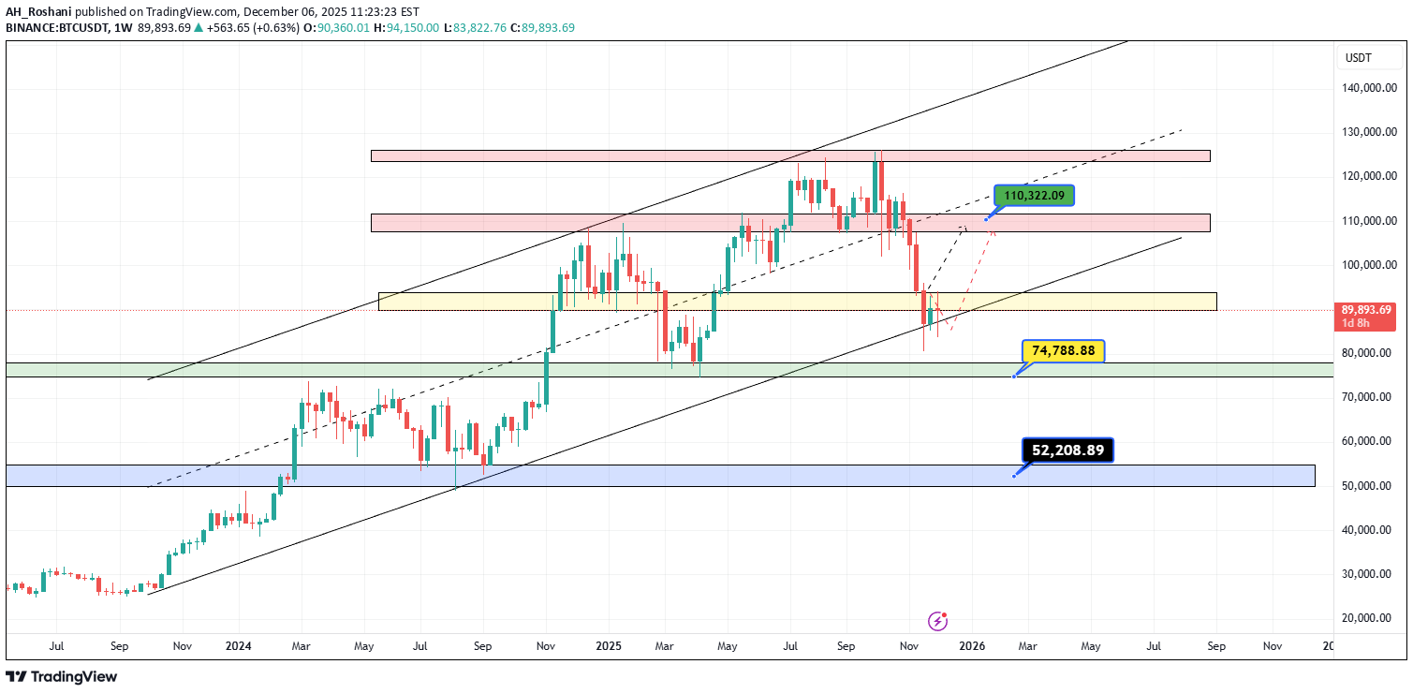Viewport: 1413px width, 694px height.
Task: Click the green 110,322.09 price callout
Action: (x=1034, y=196)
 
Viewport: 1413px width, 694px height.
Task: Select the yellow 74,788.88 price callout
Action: (x=1063, y=351)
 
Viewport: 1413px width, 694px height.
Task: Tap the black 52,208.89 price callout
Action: (x=1067, y=450)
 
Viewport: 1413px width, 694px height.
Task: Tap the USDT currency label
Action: (x=1358, y=58)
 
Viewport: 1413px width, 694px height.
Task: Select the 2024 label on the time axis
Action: (x=239, y=646)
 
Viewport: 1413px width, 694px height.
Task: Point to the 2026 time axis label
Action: (x=972, y=646)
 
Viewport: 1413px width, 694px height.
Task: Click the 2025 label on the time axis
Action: (x=609, y=646)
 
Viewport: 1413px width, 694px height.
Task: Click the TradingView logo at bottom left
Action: (x=62, y=676)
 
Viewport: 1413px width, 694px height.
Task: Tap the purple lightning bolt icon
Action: (x=937, y=621)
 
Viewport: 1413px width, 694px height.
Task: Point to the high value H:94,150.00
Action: (x=405, y=28)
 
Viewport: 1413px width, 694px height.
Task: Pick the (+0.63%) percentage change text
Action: (x=278, y=28)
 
